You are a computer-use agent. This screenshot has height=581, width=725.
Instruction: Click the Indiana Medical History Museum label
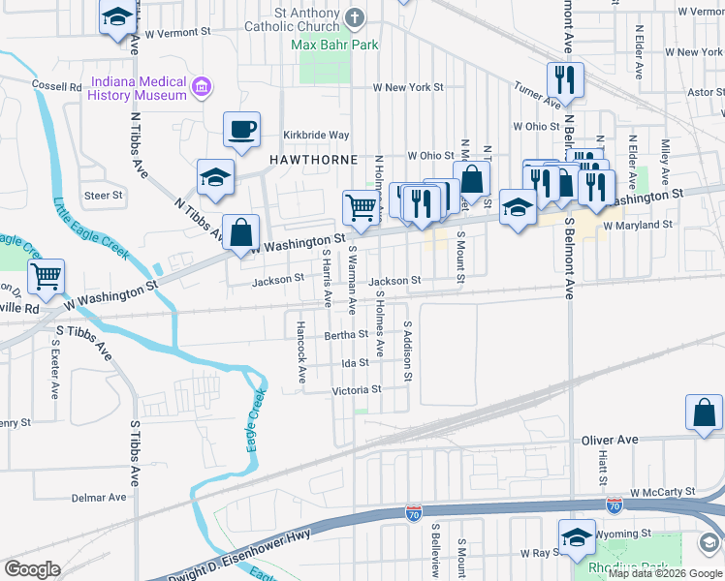click(x=138, y=88)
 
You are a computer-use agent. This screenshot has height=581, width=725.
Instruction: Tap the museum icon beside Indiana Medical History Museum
click(x=202, y=88)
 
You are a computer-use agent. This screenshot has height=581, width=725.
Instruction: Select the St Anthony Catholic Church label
click(x=305, y=20)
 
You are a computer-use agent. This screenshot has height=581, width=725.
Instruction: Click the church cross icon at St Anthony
click(x=355, y=16)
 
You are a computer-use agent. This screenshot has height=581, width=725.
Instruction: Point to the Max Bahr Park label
click(x=335, y=45)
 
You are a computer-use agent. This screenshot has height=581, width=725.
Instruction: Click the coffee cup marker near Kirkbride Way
click(x=241, y=128)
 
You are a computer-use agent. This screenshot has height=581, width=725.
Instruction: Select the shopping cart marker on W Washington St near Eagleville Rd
click(x=46, y=276)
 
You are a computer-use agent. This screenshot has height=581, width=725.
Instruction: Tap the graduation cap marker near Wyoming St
click(x=576, y=535)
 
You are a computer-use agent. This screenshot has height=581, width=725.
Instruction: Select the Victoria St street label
click(x=357, y=390)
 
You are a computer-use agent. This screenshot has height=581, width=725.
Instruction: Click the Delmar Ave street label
click(x=99, y=498)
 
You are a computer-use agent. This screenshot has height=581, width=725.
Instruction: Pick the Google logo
click(x=32, y=569)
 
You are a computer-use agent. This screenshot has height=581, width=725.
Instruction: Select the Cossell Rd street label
click(x=55, y=86)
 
